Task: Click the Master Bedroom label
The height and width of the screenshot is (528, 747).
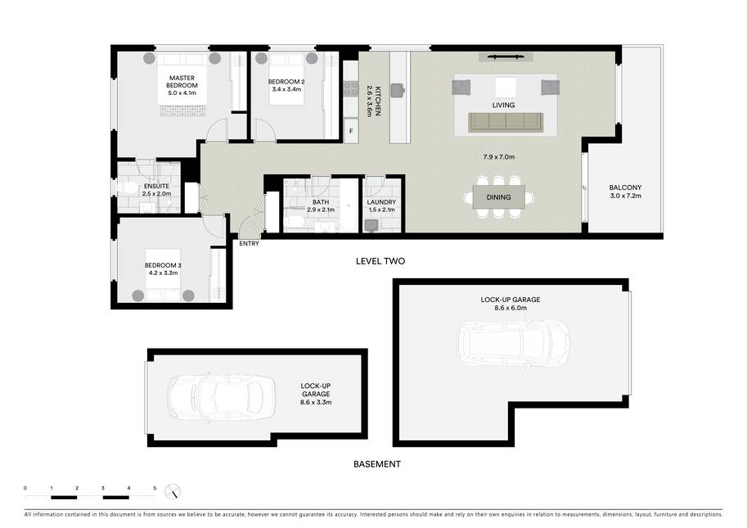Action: coord(182,82)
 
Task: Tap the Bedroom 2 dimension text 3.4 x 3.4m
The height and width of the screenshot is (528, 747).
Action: coord(286,89)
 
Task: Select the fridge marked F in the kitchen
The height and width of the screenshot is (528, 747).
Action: coord(351,131)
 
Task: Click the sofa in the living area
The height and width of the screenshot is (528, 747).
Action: coord(506,123)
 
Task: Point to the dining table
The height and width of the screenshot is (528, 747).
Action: coord(499,197)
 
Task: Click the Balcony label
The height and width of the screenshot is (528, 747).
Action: coord(626,187)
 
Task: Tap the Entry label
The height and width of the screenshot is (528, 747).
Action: coord(250,243)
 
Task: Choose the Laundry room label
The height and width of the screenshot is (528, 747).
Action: coord(381,202)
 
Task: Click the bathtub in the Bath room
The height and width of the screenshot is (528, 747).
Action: coord(349,205)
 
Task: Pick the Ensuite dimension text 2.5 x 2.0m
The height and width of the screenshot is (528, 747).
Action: coord(157,194)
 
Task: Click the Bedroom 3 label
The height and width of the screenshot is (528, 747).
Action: coord(163,265)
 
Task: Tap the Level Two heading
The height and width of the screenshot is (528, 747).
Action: coord(380,261)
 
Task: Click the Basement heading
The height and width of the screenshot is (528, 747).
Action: coord(377,464)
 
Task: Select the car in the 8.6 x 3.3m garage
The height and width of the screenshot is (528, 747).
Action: coord(221,397)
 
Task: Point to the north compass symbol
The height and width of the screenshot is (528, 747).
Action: coord(173,491)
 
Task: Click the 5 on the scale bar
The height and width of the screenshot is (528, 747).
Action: coord(155,488)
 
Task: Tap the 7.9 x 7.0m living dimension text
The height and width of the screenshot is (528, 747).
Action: coord(499,157)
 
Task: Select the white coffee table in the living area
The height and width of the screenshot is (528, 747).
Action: coord(506,88)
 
